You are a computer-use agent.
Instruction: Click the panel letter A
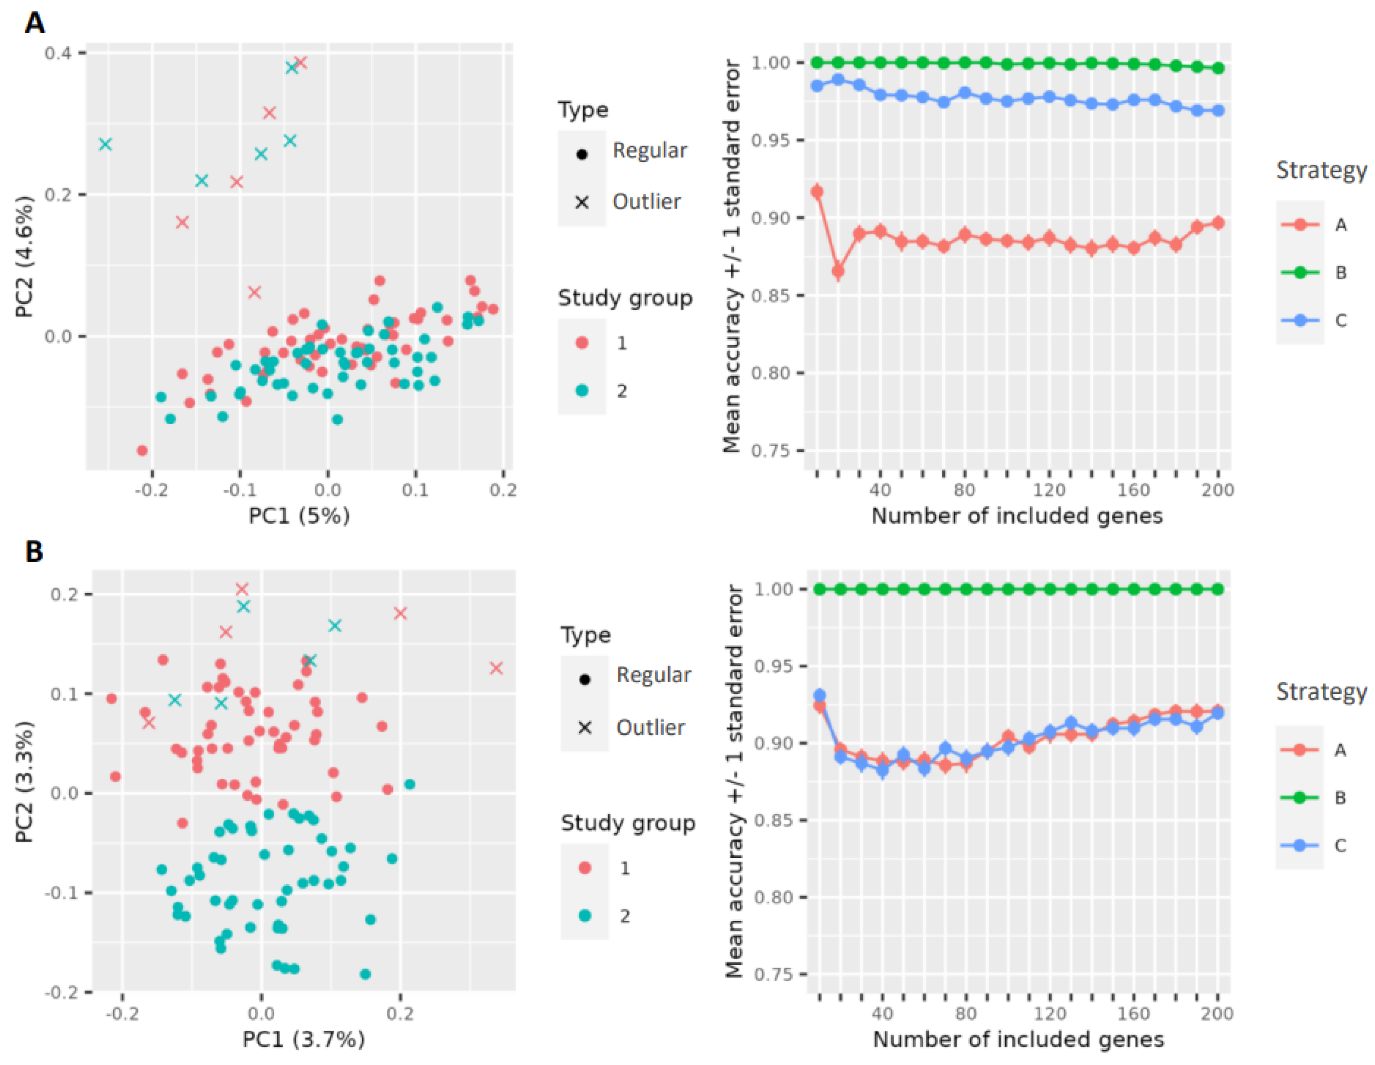click(x=35, y=23)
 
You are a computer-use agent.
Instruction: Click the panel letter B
click(x=34, y=551)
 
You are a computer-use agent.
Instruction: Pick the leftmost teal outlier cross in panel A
click(x=106, y=144)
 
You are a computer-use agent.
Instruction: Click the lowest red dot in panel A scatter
click(x=142, y=451)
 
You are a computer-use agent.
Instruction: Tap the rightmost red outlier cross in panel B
click(x=496, y=668)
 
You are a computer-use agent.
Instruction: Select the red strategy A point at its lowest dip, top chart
click(x=838, y=272)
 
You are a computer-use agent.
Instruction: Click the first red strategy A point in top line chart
click(x=817, y=192)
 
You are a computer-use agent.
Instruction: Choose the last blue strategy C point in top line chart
click(x=1218, y=111)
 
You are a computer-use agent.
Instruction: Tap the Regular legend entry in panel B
click(x=653, y=675)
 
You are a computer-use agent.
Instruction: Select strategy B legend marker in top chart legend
click(x=1300, y=273)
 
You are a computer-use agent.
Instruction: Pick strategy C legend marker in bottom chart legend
click(x=1300, y=845)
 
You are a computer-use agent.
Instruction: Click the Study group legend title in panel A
click(x=625, y=298)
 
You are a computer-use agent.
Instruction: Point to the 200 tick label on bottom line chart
click(x=1217, y=1013)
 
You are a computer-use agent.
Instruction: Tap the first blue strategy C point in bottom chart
click(x=820, y=696)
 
